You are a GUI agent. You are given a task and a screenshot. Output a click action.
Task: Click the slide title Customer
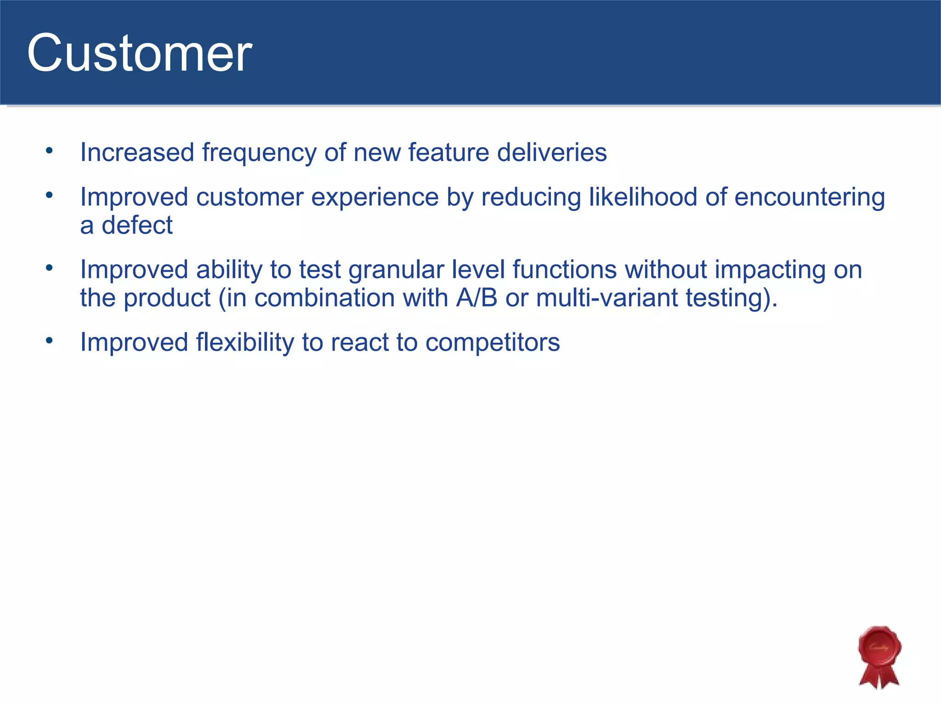[x=139, y=53]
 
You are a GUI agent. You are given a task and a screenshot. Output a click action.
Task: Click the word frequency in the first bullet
[x=259, y=153]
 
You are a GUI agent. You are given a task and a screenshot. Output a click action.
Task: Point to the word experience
[x=374, y=197]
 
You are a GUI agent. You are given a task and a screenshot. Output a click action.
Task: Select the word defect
[x=137, y=225]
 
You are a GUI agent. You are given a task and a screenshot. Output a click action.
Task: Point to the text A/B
[x=476, y=298]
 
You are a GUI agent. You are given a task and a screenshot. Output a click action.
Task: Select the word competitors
[x=492, y=342]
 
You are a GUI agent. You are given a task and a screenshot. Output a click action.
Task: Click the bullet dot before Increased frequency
[x=50, y=151]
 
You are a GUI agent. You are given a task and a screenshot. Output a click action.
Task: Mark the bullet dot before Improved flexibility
[x=50, y=341]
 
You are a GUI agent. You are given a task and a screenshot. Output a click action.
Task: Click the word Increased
[x=137, y=152]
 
